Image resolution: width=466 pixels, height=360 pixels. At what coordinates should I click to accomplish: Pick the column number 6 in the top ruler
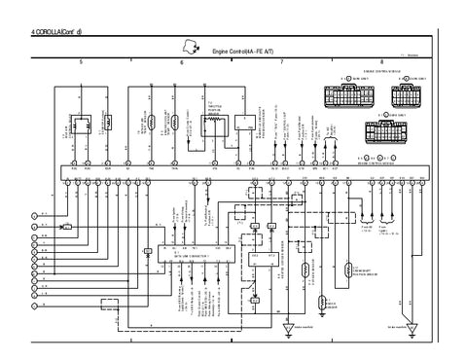click(181, 62)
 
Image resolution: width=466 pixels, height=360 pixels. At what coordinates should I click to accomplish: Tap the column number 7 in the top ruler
click(281, 62)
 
